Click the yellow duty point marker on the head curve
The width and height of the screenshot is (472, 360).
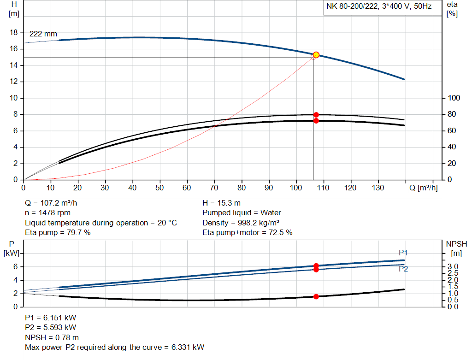click(x=316, y=55)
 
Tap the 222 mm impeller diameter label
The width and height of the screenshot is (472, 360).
click(x=43, y=34)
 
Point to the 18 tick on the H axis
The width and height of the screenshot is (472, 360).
click(x=14, y=33)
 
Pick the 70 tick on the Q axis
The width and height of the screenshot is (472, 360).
click(x=214, y=188)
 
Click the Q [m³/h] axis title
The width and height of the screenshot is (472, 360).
click(x=423, y=188)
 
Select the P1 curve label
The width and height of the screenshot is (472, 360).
click(x=403, y=253)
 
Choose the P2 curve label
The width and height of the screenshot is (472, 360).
click(x=403, y=269)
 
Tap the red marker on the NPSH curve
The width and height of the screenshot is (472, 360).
click(x=316, y=296)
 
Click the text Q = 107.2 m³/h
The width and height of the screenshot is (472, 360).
click(x=55, y=203)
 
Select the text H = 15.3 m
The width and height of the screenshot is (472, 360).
click(x=222, y=203)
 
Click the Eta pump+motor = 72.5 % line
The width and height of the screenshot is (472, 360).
click(x=248, y=233)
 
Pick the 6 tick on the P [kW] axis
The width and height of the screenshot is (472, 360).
click(x=16, y=266)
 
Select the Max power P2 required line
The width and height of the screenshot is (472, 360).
click(x=115, y=347)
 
